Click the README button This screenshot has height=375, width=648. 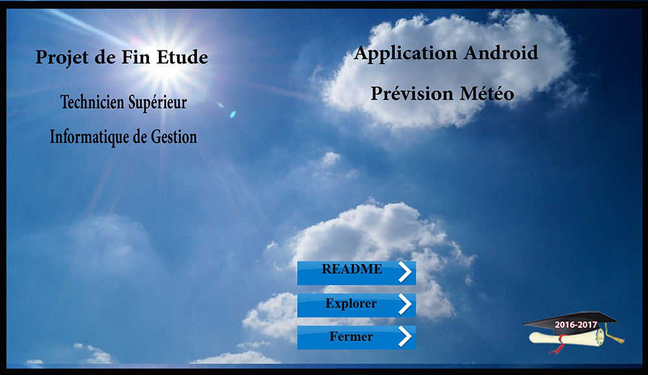(x=356, y=273)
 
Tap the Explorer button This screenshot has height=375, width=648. (x=356, y=305)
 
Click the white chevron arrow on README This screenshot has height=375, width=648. (x=405, y=272)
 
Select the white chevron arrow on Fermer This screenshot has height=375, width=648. (x=405, y=337)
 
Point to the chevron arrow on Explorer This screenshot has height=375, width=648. (x=405, y=304)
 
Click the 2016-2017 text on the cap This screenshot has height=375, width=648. (x=575, y=324)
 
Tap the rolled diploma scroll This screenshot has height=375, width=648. (x=566, y=337)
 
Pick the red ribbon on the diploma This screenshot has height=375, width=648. (x=557, y=345)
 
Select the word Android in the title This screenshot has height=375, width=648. (x=500, y=53)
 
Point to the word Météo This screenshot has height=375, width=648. (x=487, y=93)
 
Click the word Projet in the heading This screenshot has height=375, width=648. (x=62, y=58)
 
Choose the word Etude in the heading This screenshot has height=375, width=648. (x=182, y=57)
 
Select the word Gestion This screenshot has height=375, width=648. (x=174, y=137)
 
